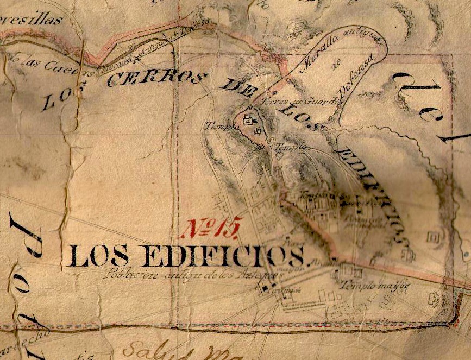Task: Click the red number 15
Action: [x=210, y=228]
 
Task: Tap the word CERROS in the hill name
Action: [x=156, y=78]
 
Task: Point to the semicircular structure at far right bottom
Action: [x=434, y=298]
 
